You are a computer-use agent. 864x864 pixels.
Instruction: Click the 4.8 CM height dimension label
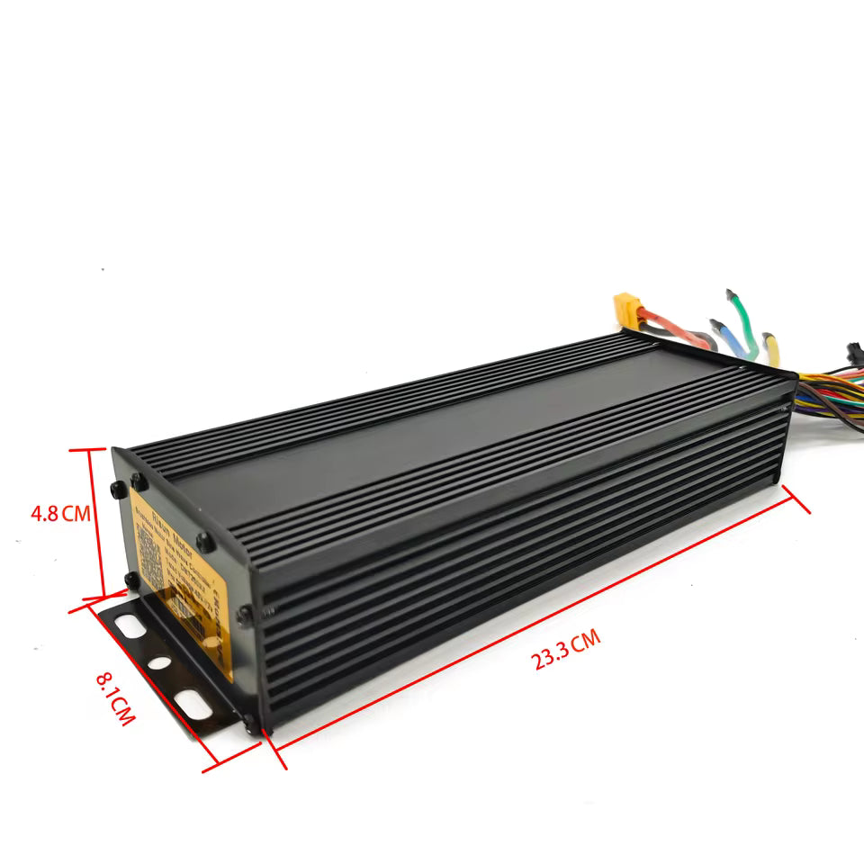60,514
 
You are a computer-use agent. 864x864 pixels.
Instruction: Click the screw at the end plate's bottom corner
249,720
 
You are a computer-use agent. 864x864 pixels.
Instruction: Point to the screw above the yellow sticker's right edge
205,543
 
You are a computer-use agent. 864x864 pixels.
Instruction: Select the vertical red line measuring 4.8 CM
92,522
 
